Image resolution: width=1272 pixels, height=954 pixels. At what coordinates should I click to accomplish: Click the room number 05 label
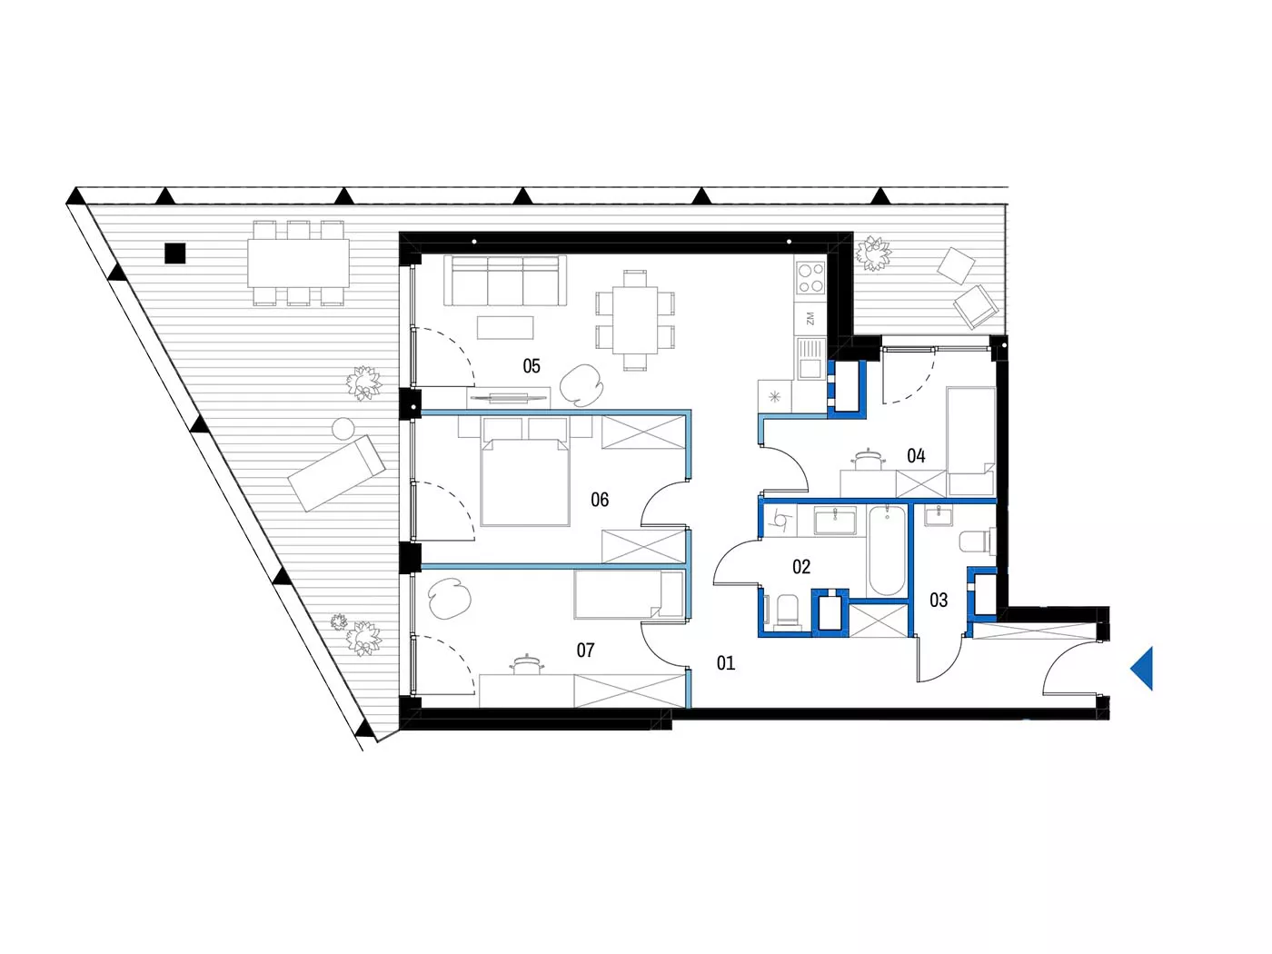pyautogui.click(x=531, y=366)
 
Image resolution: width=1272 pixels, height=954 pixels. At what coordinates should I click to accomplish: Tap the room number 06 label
pyautogui.click(x=599, y=500)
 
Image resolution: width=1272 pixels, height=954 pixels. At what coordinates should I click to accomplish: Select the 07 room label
pyautogui.click(x=585, y=650)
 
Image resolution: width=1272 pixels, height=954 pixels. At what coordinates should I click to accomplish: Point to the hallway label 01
pyautogui.click(x=726, y=662)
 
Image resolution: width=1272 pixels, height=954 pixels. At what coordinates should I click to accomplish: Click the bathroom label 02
pyautogui.click(x=800, y=566)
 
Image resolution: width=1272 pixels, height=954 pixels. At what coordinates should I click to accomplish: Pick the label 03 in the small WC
pyautogui.click(x=939, y=600)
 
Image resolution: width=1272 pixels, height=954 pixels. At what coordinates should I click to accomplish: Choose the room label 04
pyautogui.click(x=916, y=456)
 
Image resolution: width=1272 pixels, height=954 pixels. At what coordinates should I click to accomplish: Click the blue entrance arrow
pyautogui.click(x=1141, y=668)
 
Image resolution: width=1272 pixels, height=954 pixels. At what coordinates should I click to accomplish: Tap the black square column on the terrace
pyautogui.click(x=175, y=253)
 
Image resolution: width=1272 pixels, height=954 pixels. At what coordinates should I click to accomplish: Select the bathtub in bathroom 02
pyautogui.click(x=887, y=551)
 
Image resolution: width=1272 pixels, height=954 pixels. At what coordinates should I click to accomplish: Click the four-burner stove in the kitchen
pyautogui.click(x=810, y=278)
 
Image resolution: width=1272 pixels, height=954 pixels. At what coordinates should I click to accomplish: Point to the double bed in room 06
pyautogui.click(x=524, y=482)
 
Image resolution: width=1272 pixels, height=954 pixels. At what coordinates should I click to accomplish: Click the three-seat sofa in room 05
pyautogui.click(x=505, y=281)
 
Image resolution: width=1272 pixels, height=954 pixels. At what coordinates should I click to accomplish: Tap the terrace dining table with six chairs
pyautogui.click(x=298, y=263)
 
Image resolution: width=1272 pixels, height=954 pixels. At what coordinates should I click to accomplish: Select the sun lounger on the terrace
pyautogui.click(x=337, y=473)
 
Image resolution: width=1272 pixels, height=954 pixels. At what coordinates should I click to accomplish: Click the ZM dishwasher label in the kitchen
pyautogui.click(x=810, y=318)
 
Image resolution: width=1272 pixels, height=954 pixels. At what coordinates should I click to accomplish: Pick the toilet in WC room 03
pyautogui.click(x=978, y=542)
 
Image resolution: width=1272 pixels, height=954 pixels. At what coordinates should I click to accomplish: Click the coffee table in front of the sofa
pyautogui.click(x=505, y=327)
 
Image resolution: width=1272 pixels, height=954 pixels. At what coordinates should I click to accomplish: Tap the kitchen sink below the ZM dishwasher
pyautogui.click(x=810, y=358)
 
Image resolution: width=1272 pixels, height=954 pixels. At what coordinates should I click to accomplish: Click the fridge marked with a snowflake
pyautogui.click(x=775, y=397)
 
